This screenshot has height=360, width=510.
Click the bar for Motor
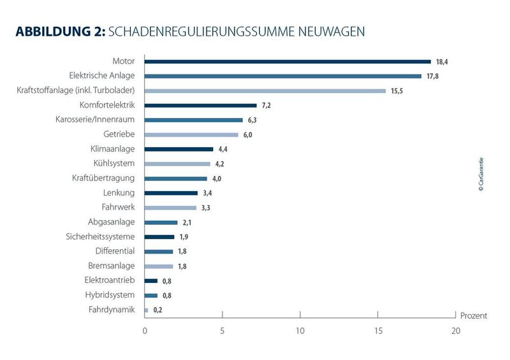[288, 62]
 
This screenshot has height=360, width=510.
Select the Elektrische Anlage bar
[283, 76]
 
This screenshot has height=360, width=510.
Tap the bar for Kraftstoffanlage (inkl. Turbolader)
[265, 91]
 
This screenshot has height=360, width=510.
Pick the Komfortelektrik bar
[201, 105]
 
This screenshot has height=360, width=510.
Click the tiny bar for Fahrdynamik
[147, 310]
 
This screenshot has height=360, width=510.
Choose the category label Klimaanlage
[113, 149]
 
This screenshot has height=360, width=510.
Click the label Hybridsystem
[110, 295]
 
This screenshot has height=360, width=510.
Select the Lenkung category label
[119, 192]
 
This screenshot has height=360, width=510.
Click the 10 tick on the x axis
[300, 331]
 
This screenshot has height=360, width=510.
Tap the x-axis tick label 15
[377, 331]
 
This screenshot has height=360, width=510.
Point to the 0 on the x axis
[145, 331]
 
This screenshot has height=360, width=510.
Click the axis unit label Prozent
[472, 315]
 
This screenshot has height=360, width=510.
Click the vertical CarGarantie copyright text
[481, 175]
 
